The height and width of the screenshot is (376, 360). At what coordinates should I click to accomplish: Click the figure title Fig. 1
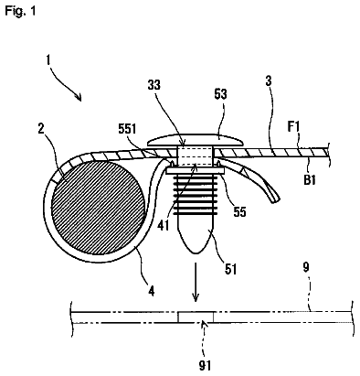pyautogui.click(x=21, y=11)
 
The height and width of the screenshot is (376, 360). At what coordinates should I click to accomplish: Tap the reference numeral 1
pyautogui.click(x=48, y=59)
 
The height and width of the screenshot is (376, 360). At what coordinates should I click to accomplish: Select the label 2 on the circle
pyautogui.click(x=41, y=129)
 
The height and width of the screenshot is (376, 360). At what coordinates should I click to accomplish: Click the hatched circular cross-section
pyautogui.click(x=99, y=208)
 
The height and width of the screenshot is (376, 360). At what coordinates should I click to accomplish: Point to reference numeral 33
pyautogui.click(x=154, y=85)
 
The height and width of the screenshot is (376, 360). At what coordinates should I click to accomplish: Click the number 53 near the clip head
pyautogui.click(x=220, y=94)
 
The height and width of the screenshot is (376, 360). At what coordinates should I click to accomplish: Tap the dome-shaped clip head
pyautogui.click(x=195, y=139)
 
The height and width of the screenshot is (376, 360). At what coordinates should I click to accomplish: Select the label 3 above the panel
pyautogui.click(x=268, y=81)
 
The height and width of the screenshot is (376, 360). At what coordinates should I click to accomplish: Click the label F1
pyautogui.click(x=293, y=127)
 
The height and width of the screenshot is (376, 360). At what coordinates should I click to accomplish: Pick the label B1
pyautogui.click(x=309, y=180)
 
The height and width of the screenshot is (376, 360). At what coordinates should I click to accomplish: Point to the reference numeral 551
pyautogui.click(x=127, y=129)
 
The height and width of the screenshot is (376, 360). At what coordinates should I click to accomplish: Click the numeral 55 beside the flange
pyautogui.click(x=239, y=211)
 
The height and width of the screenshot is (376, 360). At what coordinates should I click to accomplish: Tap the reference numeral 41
pyautogui.click(x=164, y=226)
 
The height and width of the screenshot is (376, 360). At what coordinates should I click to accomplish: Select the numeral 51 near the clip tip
pyautogui.click(x=230, y=269)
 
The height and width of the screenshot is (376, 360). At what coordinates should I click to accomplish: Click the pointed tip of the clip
pyautogui.click(x=196, y=253)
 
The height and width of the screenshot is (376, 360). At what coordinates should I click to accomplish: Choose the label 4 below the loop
pyautogui.click(x=152, y=291)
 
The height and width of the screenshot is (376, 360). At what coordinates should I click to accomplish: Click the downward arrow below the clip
pyautogui.click(x=196, y=282)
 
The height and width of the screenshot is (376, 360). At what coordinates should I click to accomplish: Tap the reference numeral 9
pyautogui.click(x=306, y=267)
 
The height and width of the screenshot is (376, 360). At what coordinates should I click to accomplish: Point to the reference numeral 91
pyautogui.click(x=205, y=365)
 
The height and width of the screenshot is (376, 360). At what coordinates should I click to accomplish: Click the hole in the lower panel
pyautogui.click(x=196, y=317)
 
